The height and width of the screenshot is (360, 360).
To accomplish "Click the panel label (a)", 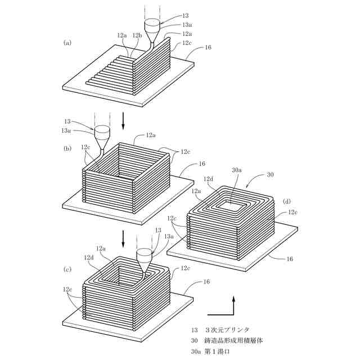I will click(68, 42).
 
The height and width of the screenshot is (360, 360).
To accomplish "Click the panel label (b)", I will click(68, 148).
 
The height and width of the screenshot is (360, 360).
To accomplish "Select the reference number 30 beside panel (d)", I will click(269, 175).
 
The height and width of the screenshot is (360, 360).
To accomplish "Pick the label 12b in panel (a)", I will click(137, 35).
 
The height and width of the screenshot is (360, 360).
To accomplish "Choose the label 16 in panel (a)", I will click(208, 48).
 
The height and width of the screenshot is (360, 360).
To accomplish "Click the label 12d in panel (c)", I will click(89, 258).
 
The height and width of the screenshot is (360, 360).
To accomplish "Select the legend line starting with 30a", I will click(219, 352).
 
